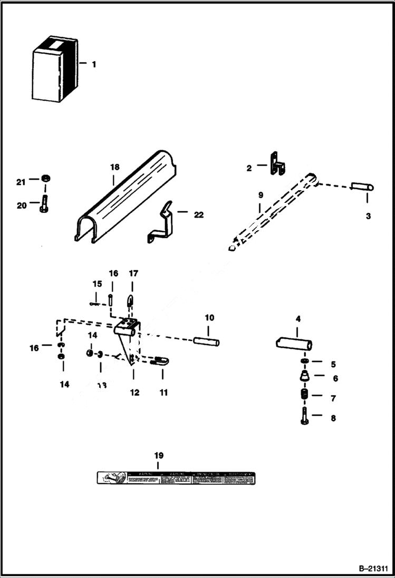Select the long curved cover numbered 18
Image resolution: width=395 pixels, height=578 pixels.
[x=127, y=198]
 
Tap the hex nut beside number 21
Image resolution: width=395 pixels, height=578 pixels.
[x=45, y=178]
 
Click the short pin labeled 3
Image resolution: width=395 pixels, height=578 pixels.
[x=362, y=186]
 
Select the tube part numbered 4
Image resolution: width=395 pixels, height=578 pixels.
[x=294, y=344]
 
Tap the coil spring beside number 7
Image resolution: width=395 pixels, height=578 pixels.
[x=304, y=397]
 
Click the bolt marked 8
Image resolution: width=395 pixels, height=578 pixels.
[x=304, y=418]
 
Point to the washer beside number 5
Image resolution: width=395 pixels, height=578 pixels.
[x=304, y=361]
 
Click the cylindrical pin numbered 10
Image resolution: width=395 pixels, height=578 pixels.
[x=206, y=342]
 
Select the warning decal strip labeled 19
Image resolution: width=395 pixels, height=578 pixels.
[x=175, y=478]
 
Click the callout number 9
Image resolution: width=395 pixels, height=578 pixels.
[x=260, y=194]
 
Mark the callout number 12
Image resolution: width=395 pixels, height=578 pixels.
[x=134, y=393]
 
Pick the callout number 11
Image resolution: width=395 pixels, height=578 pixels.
[x=163, y=393]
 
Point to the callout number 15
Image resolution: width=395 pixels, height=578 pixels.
[x=97, y=284]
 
